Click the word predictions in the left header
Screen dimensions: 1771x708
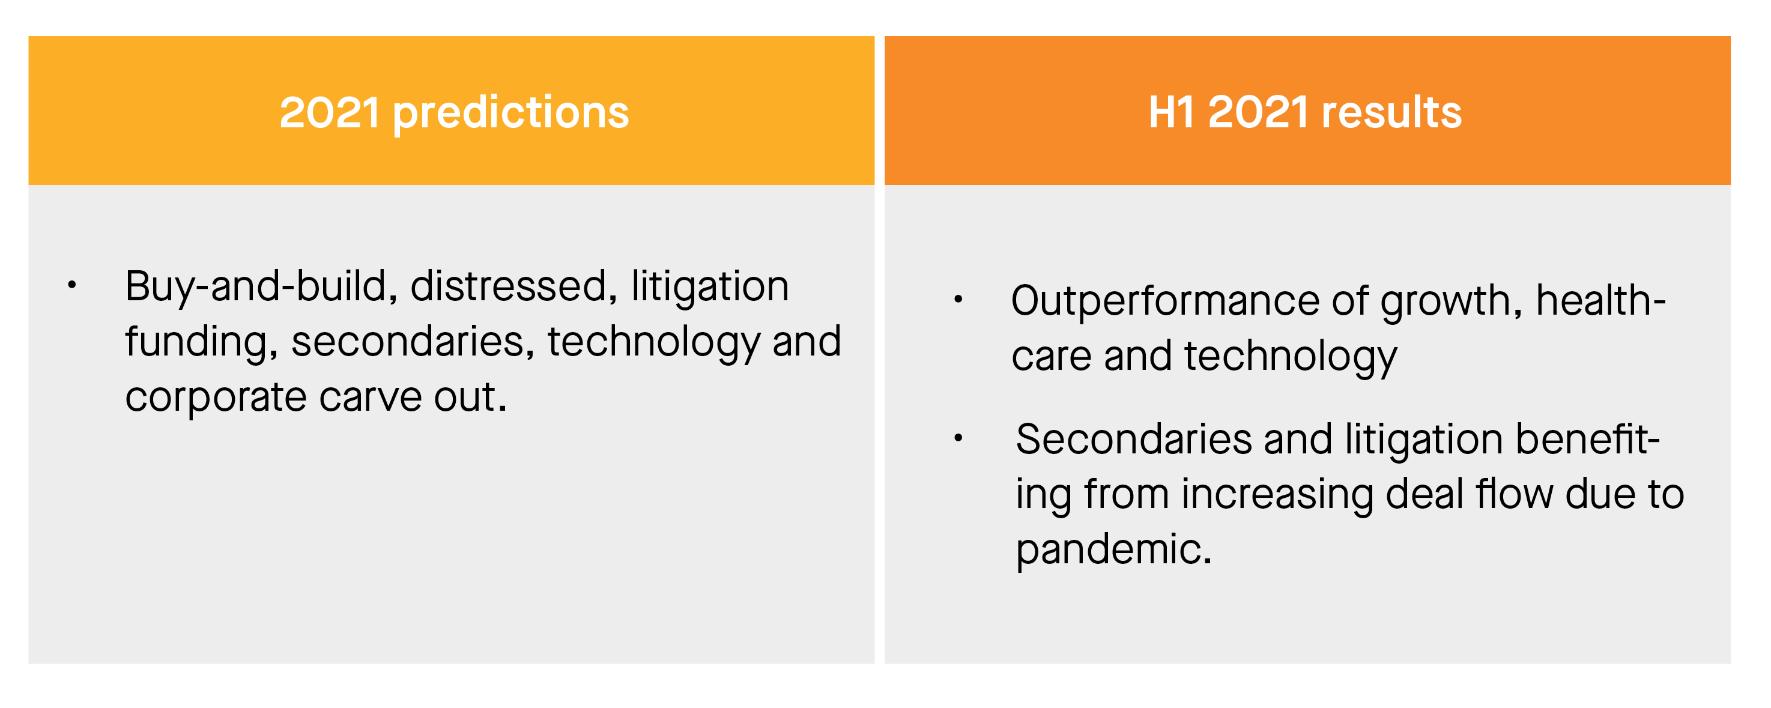(511, 113)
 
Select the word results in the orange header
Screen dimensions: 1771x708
(1391, 112)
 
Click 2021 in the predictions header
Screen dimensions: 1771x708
(329, 112)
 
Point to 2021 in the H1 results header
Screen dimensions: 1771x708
(1258, 112)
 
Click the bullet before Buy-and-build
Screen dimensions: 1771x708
(71, 284)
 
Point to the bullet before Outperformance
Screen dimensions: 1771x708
(958, 298)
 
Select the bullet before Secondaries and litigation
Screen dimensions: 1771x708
(958, 437)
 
